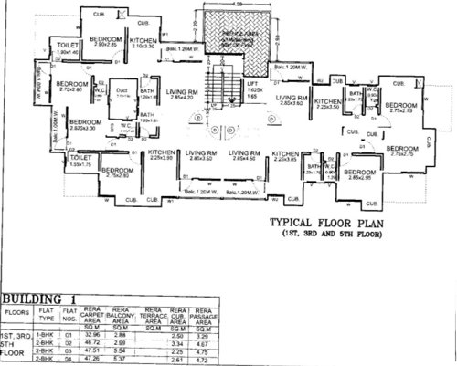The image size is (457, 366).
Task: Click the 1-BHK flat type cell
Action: (x=46, y=337)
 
